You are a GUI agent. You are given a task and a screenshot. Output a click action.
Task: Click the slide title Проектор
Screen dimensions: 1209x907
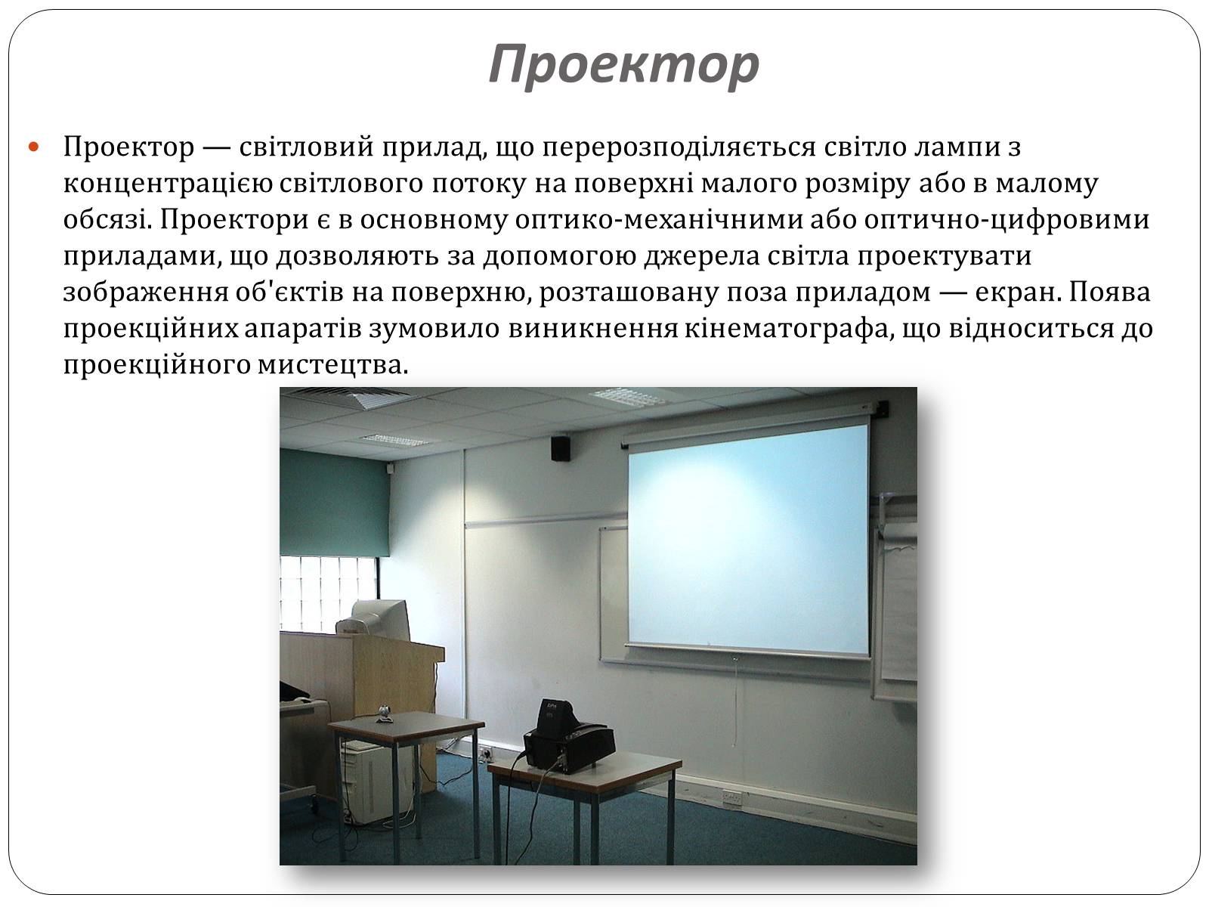(x=623, y=64)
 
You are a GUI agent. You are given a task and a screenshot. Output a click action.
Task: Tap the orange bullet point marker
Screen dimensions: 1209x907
(x=33, y=147)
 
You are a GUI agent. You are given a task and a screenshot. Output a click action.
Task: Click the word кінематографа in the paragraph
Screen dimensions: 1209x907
(x=785, y=329)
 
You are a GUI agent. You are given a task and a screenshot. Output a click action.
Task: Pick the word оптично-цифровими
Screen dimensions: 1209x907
(x=1006, y=220)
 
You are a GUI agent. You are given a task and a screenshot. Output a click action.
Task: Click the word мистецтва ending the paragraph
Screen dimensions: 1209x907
(x=332, y=365)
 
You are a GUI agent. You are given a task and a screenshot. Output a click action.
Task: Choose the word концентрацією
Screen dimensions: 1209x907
(x=168, y=184)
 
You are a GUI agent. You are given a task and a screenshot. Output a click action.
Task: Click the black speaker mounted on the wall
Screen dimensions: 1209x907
(x=560, y=447)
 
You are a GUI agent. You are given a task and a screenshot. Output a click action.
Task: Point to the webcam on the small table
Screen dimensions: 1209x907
(x=385, y=714)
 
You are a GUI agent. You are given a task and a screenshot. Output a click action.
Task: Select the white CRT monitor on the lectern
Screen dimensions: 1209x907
(x=375, y=620)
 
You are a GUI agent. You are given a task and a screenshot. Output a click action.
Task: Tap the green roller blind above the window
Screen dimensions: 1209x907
(x=334, y=502)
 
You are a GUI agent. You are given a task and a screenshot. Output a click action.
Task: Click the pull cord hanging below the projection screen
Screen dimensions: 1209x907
(x=734, y=701)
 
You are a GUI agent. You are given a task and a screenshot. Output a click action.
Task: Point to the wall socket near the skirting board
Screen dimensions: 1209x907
(x=731, y=797)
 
